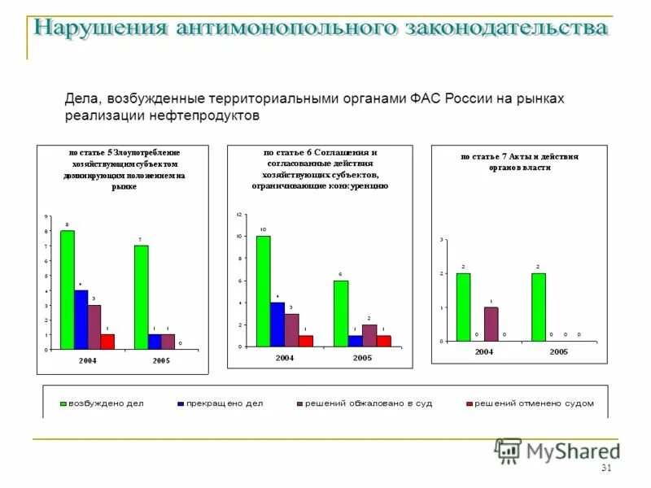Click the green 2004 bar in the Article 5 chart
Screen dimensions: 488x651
click(x=68, y=290)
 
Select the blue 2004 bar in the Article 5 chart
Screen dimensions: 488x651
click(x=81, y=320)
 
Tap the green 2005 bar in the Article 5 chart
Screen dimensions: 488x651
click(x=142, y=297)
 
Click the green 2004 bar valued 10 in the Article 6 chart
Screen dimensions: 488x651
click(x=264, y=291)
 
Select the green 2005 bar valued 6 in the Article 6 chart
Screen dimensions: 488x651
click(x=341, y=313)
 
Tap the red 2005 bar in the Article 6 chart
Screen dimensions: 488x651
click(x=383, y=341)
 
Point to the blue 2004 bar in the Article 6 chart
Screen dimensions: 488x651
click(x=277, y=325)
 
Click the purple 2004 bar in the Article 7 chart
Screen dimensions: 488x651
click(x=491, y=324)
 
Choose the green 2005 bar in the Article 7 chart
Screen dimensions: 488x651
click(x=539, y=307)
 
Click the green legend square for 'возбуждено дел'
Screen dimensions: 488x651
click(x=63, y=403)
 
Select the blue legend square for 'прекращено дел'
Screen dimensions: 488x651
click(x=180, y=403)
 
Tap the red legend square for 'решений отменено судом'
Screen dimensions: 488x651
click(x=469, y=403)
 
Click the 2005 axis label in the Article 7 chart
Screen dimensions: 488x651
click(x=558, y=352)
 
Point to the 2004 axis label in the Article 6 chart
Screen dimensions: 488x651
click(x=284, y=358)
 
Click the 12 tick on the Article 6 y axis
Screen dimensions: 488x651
click(x=239, y=214)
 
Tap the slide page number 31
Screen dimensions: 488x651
click(x=605, y=468)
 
